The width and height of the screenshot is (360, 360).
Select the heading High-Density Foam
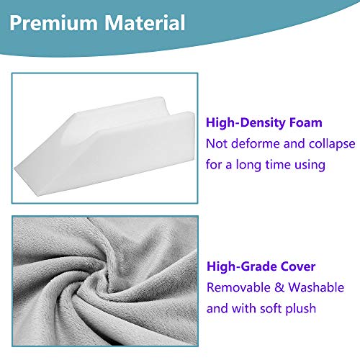[x=264, y=122]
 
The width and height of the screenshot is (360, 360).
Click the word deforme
[x=260, y=143]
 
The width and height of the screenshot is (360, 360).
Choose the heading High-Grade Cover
[x=261, y=266]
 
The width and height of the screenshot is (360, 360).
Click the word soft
[x=283, y=308]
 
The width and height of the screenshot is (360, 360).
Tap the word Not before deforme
[x=219, y=143]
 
